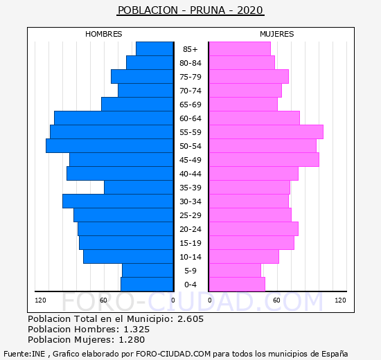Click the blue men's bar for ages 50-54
tap(109, 146)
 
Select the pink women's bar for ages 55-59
tap(266, 132)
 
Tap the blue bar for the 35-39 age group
tap(139, 188)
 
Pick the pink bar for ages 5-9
tap(235, 271)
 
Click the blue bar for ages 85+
tap(154, 49)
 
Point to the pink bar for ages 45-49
tap(264, 160)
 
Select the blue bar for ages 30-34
tap(118, 201)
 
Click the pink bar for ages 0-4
tap(237, 285)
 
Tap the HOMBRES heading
tap(103, 34)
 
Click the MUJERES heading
tap(277, 34)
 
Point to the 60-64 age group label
tap(190, 118)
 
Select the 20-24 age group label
tap(190, 229)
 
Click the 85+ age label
tap(190, 49)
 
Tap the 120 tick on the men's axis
tap(40, 300)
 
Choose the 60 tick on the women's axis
tap(276, 300)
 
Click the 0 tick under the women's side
tap(210, 300)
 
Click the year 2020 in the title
tap(250, 10)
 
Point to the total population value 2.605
tap(190, 318)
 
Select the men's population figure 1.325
tap(136, 329)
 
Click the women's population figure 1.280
tap(132, 340)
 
